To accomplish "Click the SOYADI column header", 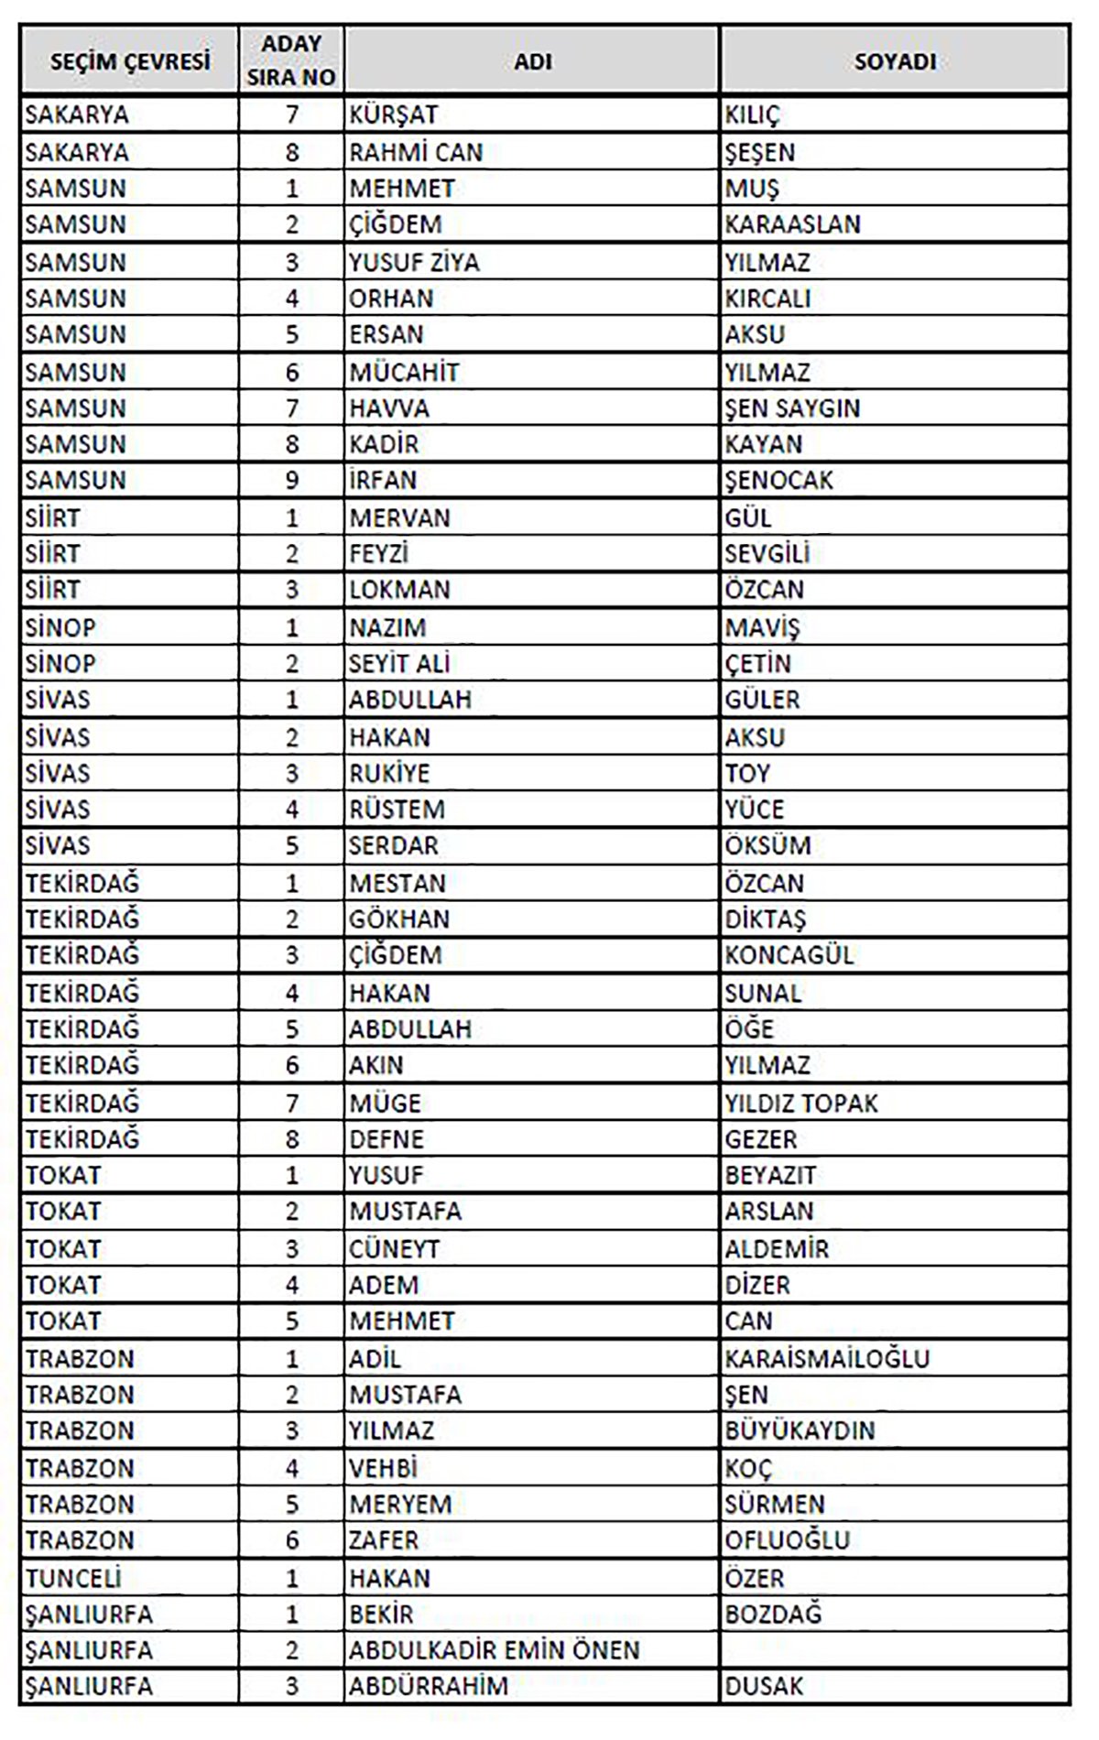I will [x=894, y=61].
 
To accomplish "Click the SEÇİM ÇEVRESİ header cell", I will [x=129, y=61].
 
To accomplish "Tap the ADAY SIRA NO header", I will [x=291, y=61].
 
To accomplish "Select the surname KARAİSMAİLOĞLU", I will [x=827, y=1358].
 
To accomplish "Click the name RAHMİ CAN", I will [x=416, y=152].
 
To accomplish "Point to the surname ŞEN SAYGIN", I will [x=792, y=408].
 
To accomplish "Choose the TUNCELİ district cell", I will [x=73, y=1578].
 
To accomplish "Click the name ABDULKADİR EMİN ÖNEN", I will [x=494, y=1650].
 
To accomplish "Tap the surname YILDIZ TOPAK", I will [x=801, y=1103].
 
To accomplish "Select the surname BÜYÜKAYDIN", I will [x=800, y=1430].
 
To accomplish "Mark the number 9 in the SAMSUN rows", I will [x=291, y=481].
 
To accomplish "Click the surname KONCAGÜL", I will [x=789, y=955].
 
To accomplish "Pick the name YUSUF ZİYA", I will [x=414, y=263].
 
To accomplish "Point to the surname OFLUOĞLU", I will [x=788, y=1540].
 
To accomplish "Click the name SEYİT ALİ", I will [x=399, y=664].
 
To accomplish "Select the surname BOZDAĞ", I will [x=773, y=1614].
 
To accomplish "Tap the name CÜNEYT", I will [x=394, y=1249].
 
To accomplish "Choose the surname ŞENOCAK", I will [x=778, y=481].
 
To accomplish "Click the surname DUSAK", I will [x=764, y=1686].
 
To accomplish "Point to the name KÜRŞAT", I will [x=393, y=115].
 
